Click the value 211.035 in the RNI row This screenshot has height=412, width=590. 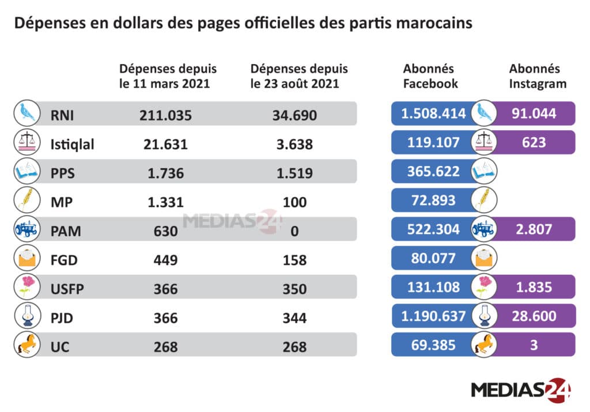(x=165, y=114)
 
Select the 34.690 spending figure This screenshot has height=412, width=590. (x=294, y=114)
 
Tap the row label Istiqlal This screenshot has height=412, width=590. (x=73, y=143)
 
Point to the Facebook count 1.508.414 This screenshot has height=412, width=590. (x=433, y=114)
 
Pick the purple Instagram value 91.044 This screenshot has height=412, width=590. (x=534, y=114)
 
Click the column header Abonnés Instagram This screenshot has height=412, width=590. (x=538, y=76)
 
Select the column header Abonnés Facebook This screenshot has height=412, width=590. (x=430, y=76)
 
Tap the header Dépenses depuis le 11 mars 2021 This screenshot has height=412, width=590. (x=168, y=76)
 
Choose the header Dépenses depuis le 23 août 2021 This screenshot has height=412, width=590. (x=299, y=76)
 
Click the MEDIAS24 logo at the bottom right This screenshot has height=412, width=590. (x=521, y=390)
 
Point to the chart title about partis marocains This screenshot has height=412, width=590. (x=243, y=24)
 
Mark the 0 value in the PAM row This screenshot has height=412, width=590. (x=294, y=231)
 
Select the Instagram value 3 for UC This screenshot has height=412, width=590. (x=534, y=345)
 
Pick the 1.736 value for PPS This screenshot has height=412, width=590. (x=165, y=173)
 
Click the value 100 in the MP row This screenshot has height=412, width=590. (x=294, y=202)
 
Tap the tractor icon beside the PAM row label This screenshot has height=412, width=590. (x=26, y=229)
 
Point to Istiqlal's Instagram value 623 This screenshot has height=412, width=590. (x=534, y=142)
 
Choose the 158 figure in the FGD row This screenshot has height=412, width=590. (x=294, y=260)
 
